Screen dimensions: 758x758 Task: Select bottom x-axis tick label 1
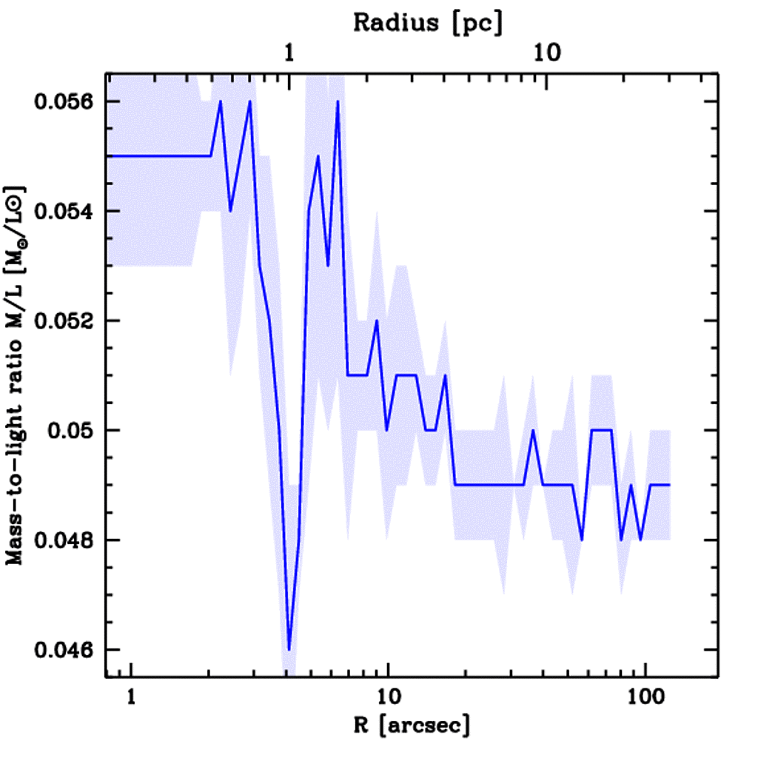coord(132,698)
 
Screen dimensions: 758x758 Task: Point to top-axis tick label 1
coord(289,55)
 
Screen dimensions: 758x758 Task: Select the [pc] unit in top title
coord(478,23)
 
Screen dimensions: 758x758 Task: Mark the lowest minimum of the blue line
coord(289,649)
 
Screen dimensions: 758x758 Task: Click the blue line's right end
coord(669,485)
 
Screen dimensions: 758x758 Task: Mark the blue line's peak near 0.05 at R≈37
coord(533,430)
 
